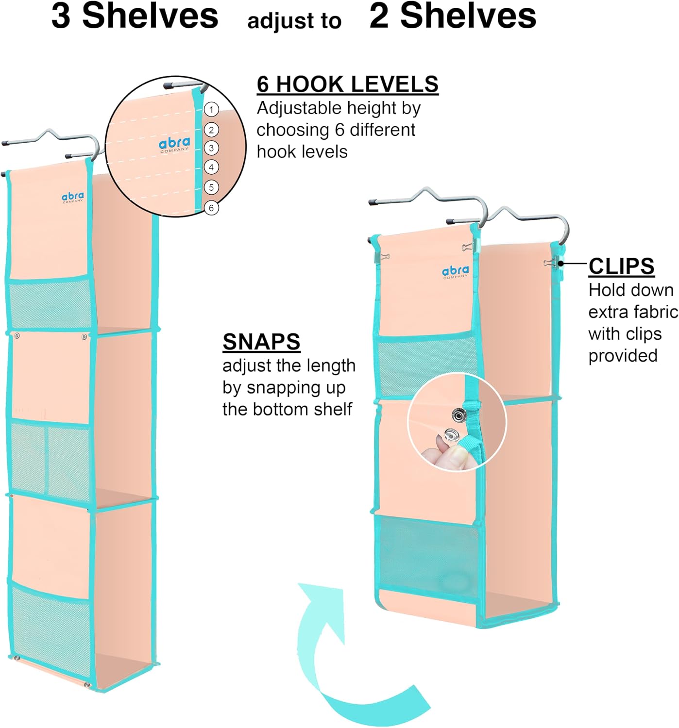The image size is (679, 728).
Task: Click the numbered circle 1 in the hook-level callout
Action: pyautogui.click(x=211, y=109)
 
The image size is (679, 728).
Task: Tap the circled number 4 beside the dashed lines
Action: pyautogui.click(x=211, y=167)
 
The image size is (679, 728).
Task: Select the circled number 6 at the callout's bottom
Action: pyautogui.click(x=211, y=208)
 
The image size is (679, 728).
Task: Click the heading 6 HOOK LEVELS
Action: pyautogui.click(x=347, y=84)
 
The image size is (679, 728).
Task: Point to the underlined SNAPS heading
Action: pyautogui.click(x=261, y=342)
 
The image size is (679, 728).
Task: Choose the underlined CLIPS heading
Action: pyautogui.click(x=621, y=266)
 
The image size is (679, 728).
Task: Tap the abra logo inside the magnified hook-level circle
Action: pyautogui.click(x=174, y=144)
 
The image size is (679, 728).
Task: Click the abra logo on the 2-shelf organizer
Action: pyautogui.click(x=455, y=272)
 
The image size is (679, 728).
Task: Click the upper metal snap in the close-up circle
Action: pyautogui.click(x=458, y=415)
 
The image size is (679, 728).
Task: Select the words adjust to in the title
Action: pyautogui.click(x=294, y=21)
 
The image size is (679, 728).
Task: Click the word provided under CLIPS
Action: pyautogui.click(x=623, y=356)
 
